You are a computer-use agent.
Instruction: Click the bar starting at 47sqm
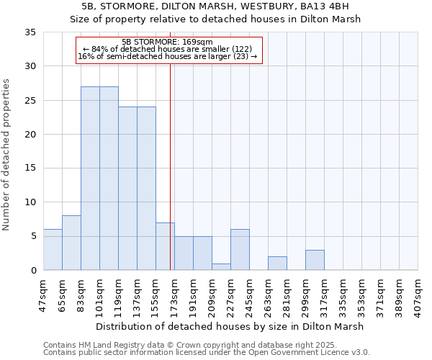pyautogui.click(x=53, y=250)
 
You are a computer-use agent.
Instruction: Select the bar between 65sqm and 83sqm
pyautogui.click(x=71, y=243)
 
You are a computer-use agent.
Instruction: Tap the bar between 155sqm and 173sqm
pyautogui.click(x=165, y=246)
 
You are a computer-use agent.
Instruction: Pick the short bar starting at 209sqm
pyautogui.click(x=221, y=266)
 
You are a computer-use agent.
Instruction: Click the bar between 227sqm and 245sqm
pyautogui.click(x=240, y=250)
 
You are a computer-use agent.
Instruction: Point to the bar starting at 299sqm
pyautogui.click(x=315, y=260)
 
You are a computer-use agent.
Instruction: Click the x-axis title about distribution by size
pyautogui.click(x=229, y=326)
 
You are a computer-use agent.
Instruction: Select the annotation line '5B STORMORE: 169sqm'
pyautogui.click(x=167, y=42)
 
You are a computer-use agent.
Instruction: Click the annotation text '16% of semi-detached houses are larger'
pyautogui.click(x=167, y=56)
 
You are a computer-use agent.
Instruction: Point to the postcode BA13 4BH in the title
pyautogui.click(x=326, y=6)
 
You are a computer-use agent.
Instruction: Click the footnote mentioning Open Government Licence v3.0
pyautogui.click(x=207, y=353)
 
